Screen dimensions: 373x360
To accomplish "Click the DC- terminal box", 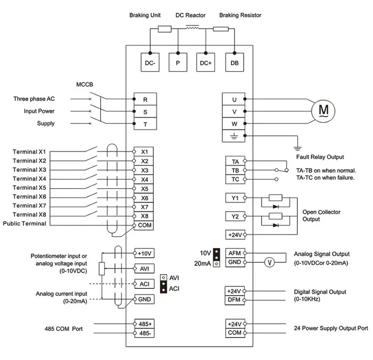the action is pos(150,62).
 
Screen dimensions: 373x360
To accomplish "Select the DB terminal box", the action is pos(235,62).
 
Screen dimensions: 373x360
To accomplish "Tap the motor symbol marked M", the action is pos(323,111).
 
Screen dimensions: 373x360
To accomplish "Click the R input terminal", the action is pos(145,99).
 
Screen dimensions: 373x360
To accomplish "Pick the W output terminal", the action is pos(234,124).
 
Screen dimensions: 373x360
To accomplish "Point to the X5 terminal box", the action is pos(144,189).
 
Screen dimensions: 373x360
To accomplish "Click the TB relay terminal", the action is pos(235,170).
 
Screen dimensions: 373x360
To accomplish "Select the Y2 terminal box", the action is pos(235,216).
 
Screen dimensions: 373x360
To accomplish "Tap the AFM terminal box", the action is pos(235,253).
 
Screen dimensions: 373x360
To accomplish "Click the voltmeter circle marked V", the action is pos(269,262).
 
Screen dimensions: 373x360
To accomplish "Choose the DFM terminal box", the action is pos(235,300).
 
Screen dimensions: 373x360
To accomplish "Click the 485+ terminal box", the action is pos(145,324).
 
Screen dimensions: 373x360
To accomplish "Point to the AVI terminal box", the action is pos(145,268).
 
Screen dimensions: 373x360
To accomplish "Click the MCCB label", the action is pos(85,84).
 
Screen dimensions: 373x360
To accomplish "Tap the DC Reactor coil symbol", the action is pos(192,28).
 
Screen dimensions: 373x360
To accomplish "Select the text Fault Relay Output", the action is pos(320,157).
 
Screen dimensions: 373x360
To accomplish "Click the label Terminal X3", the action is pos(30,170).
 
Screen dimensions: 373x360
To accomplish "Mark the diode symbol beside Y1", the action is pos(276,207).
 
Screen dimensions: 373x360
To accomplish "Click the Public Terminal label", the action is pos(25,223).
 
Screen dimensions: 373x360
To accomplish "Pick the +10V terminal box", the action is pos(145,253).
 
